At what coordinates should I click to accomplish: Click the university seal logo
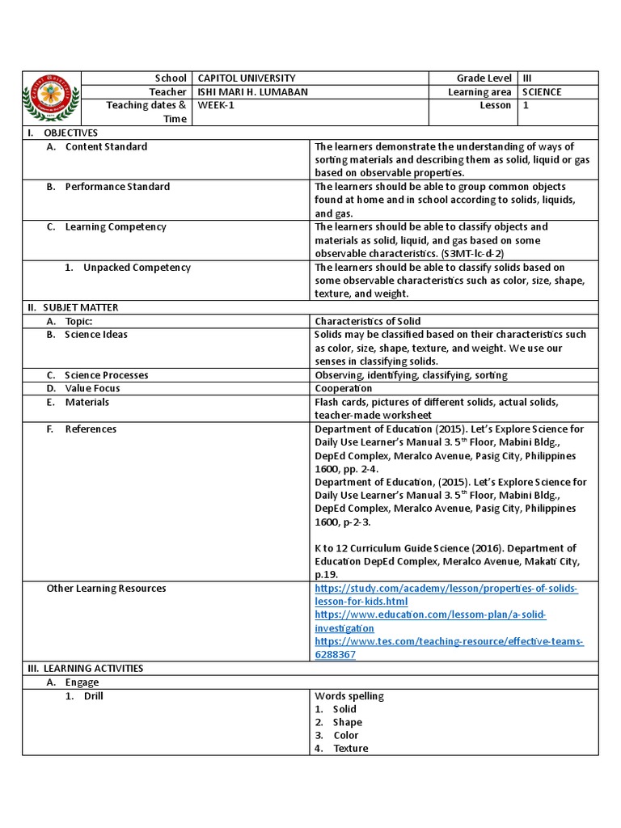point(52,98)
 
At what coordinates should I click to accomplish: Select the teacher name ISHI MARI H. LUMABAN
point(253,92)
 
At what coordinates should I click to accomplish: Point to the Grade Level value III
point(528,78)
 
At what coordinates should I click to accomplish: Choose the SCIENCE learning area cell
point(543,92)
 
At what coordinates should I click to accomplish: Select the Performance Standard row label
point(117,187)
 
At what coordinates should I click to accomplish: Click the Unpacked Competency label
point(137,268)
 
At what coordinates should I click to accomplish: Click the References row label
point(91,429)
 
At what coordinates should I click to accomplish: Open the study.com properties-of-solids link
point(446,595)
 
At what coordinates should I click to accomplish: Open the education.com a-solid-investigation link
point(430,622)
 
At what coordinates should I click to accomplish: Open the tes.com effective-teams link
point(449,648)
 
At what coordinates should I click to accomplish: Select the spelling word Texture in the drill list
point(350,749)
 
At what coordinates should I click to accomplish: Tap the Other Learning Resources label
point(106,589)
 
